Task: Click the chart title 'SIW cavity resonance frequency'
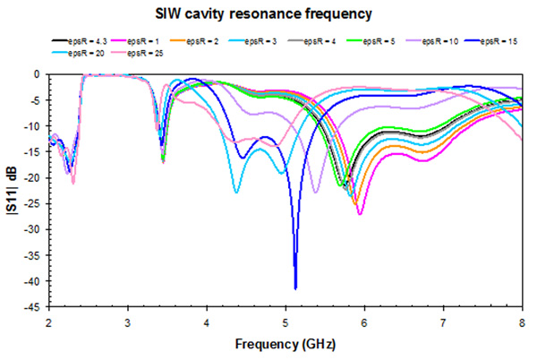tap(268, 15)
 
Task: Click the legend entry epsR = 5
tap(367, 41)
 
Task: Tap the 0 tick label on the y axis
tap(39, 74)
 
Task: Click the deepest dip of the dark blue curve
tap(295, 288)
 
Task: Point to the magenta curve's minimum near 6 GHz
tap(360, 214)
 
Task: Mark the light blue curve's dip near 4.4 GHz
tap(235, 192)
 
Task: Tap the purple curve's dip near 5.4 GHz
tap(315, 192)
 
